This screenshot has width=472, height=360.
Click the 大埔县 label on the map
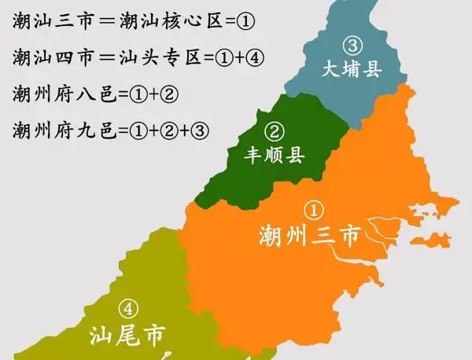coord(352,71)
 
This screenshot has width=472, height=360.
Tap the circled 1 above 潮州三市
coord(314,210)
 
